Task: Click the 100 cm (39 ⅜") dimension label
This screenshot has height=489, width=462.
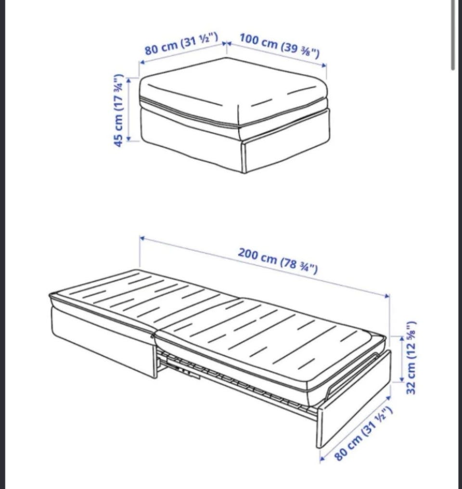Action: pos(280,46)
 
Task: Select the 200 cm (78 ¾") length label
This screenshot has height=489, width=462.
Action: pos(278,261)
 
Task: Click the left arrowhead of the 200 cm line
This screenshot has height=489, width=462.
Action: pos(141,238)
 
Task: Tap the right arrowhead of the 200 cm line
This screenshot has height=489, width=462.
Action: pos(387,296)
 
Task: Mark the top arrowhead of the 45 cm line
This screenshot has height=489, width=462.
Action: pos(128,79)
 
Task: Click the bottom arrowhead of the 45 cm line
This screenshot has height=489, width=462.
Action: pos(128,138)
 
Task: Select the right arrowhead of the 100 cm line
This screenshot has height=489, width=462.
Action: pos(324,65)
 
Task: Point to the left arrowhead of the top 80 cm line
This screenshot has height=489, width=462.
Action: pos(141,62)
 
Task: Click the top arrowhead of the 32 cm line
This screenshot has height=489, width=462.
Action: pos(402,339)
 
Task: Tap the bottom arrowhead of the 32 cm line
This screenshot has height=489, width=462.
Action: pos(402,378)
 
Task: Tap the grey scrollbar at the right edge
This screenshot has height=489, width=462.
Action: pos(453,34)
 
